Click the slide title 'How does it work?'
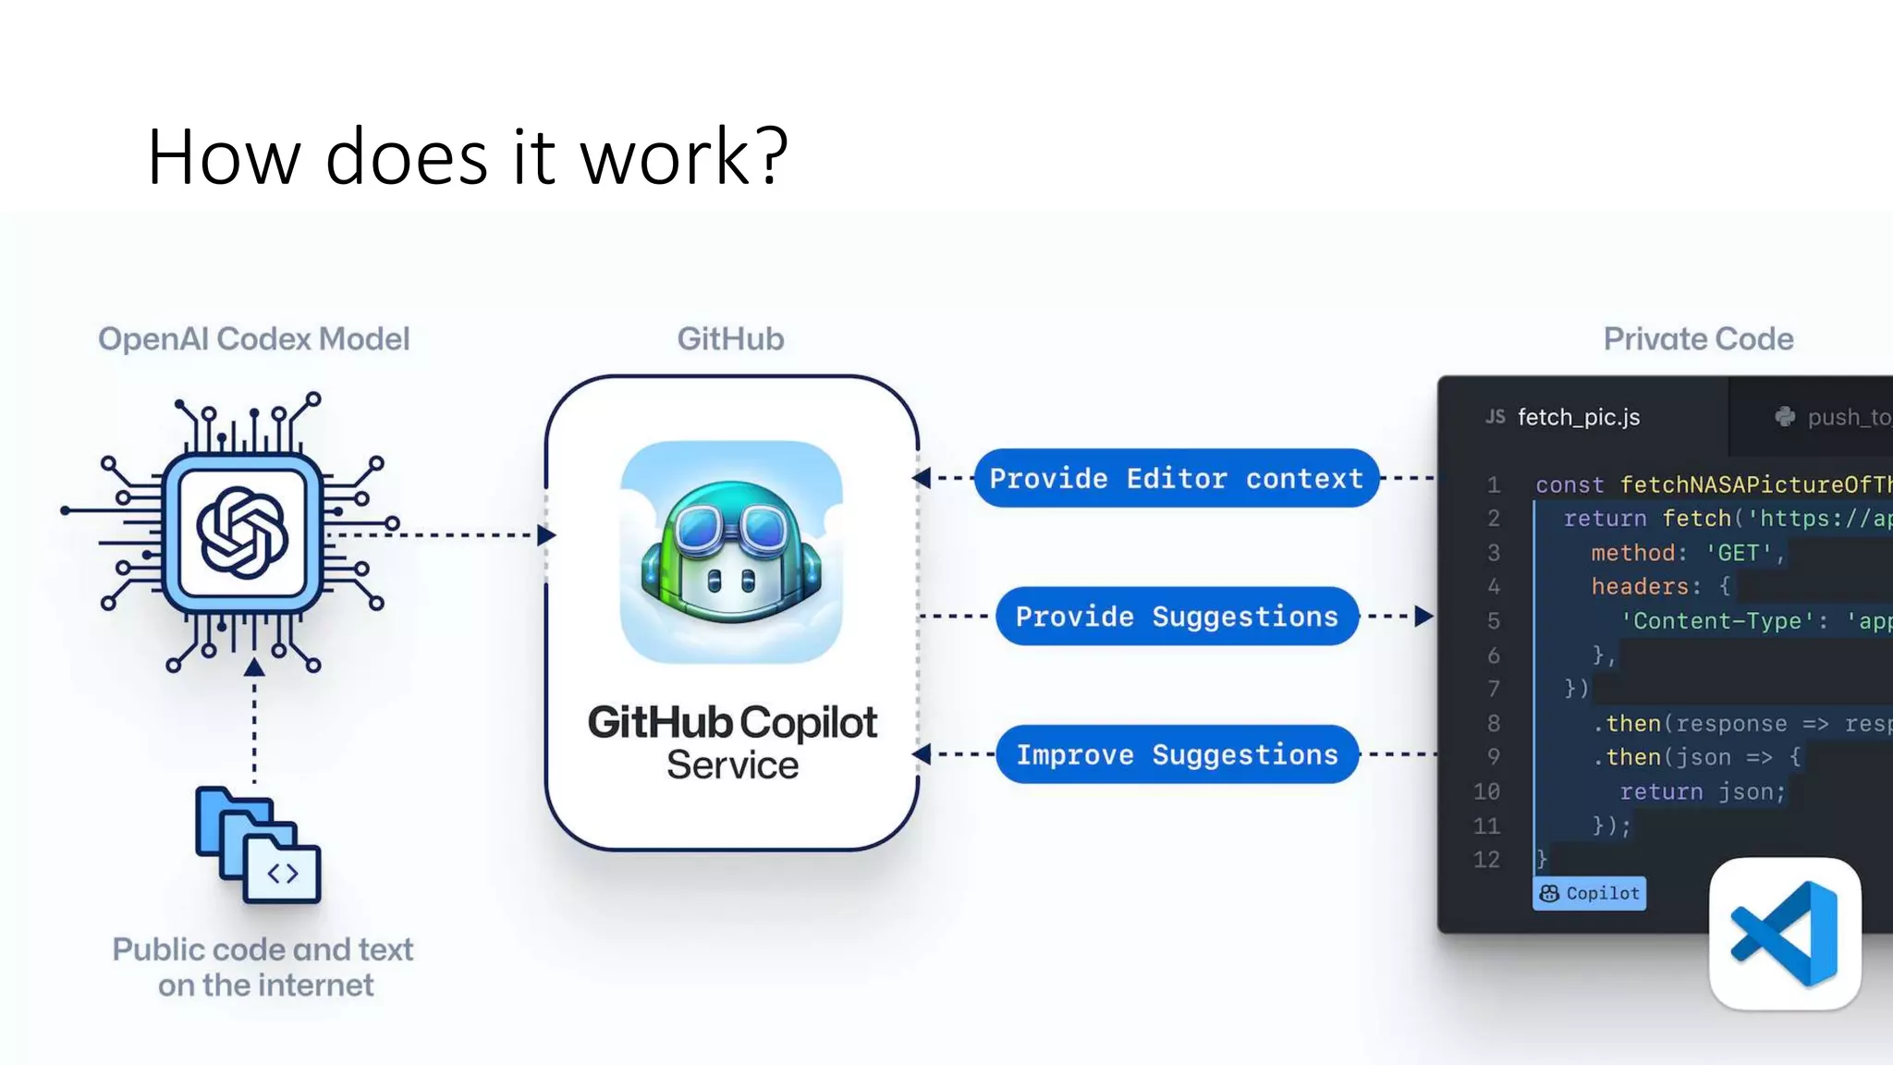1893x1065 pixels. point(467,157)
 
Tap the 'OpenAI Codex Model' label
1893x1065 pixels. point(253,339)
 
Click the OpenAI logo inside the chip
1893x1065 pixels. point(242,533)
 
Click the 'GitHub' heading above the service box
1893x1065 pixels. point(730,339)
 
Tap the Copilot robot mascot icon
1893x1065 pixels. point(731,552)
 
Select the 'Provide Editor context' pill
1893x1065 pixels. point(1176,478)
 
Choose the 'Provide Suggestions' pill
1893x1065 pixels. point(1177,617)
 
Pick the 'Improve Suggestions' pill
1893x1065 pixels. point(1177,754)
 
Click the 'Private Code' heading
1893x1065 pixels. point(1698,339)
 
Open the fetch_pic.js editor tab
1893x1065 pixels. point(1578,417)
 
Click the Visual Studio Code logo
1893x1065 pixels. point(1784,934)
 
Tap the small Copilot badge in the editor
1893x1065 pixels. point(1589,893)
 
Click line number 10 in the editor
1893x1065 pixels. point(1486,791)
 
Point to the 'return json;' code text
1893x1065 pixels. point(1702,791)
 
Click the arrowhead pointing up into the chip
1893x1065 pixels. point(254,667)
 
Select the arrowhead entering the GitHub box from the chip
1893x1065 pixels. point(545,534)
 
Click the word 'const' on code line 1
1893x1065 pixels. point(1569,484)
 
